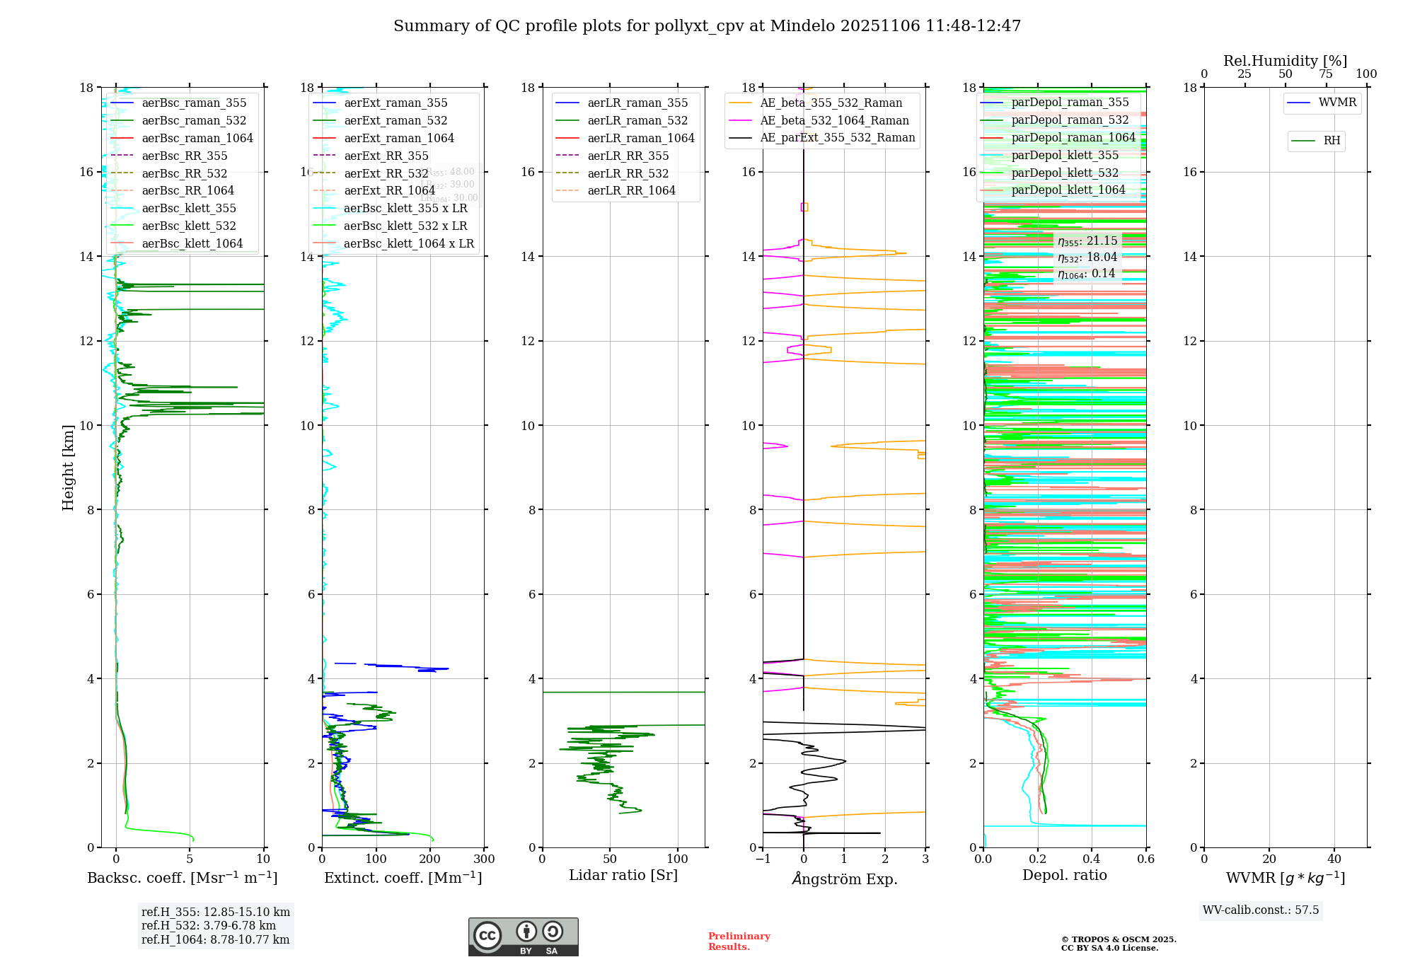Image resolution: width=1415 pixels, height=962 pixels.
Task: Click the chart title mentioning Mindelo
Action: (707, 26)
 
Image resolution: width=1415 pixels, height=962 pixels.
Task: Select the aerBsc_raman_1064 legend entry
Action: (197, 138)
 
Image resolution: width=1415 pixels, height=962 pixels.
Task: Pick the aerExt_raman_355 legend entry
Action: (395, 103)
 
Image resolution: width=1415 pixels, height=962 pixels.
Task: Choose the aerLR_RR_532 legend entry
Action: (628, 173)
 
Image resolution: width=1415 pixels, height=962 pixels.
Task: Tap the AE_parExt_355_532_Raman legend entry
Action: (837, 138)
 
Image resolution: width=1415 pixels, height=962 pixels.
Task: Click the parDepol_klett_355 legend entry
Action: (1065, 155)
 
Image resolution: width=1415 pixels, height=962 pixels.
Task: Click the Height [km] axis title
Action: (68, 468)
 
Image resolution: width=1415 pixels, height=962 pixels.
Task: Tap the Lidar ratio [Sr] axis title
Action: (623, 876)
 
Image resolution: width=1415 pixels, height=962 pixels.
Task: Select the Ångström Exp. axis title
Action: (844, 879)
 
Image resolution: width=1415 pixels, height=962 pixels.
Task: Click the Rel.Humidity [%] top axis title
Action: (1285, 61)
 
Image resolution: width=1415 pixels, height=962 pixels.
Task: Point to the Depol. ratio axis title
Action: (1064, 876)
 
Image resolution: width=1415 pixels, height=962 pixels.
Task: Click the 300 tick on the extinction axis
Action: (485, 859)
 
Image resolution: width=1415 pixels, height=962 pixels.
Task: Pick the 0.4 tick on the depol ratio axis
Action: (1092, 859)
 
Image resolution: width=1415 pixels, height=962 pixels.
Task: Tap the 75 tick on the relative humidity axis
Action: (1326, 74)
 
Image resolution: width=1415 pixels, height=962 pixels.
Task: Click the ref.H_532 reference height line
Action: (208, 925)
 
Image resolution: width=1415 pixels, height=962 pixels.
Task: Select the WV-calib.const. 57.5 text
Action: (1261, 910)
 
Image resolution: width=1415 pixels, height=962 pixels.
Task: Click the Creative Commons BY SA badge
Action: (523, 937)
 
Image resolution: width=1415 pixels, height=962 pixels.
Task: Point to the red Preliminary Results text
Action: (739, 941)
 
